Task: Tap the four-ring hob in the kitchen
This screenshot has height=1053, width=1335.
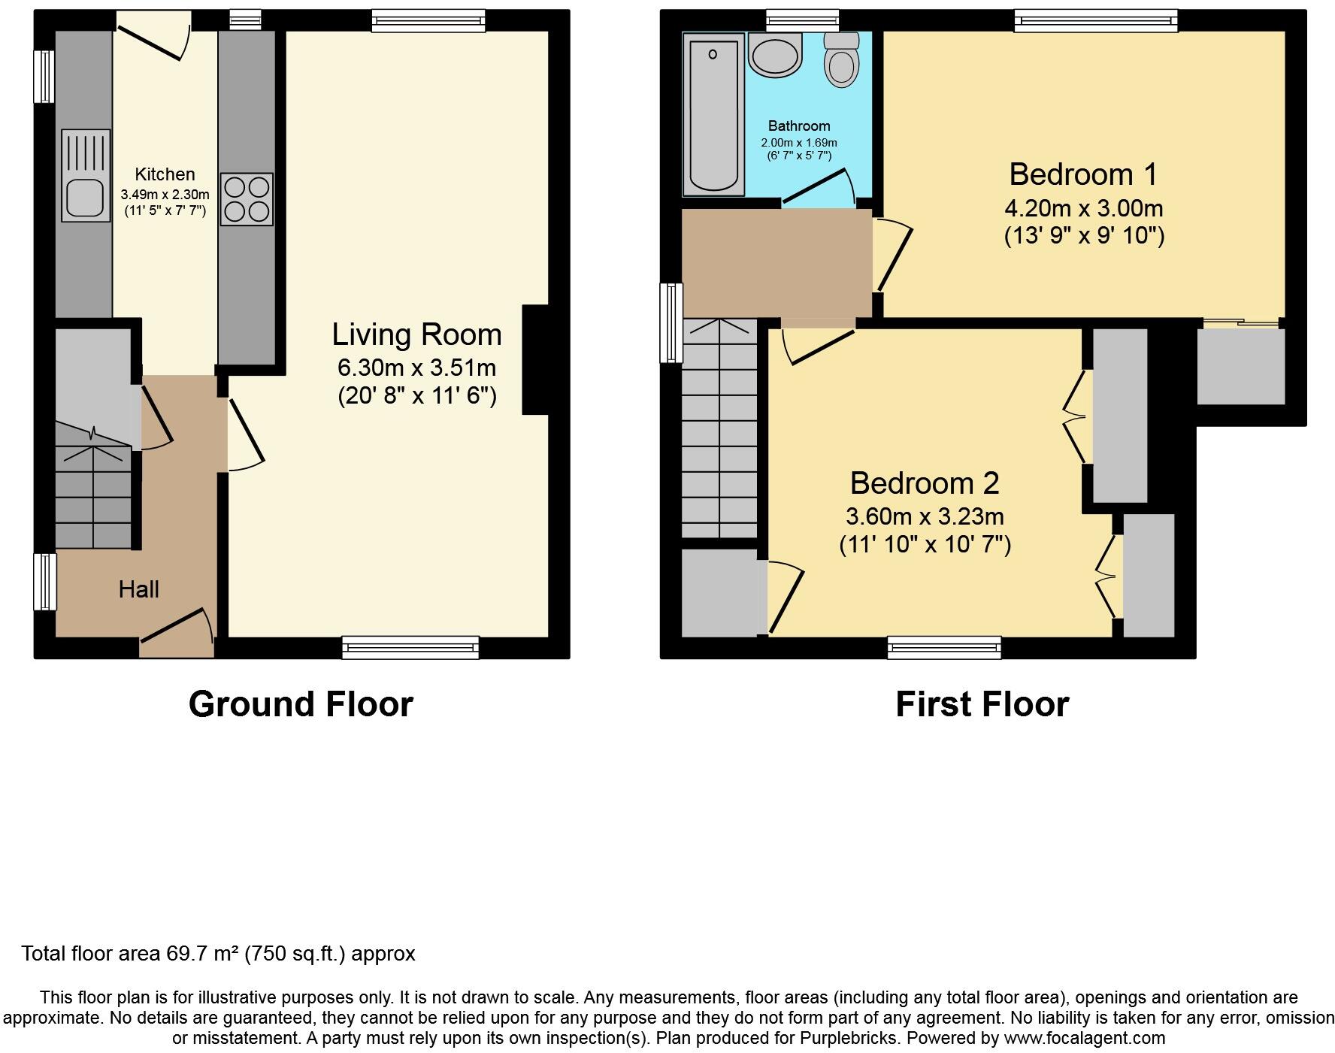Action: click(x=247, y=199)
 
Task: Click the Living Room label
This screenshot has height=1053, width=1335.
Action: click(x=416, y=334)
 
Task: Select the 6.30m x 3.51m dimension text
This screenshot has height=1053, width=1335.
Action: click(x=416, y=368)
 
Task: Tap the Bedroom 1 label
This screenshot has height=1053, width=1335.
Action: click(x=1083, y=174)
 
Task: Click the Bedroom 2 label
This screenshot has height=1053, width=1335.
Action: click(x=925, y=483)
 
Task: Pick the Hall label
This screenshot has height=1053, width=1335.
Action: click(x=139, y=589)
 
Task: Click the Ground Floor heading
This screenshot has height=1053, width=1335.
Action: click(x=301, y=704)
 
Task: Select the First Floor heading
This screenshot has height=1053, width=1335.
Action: click(x=982, y=704)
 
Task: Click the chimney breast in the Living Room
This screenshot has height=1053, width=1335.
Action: click(x=535, y=359)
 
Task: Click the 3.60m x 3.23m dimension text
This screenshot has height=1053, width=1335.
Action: click(x=925, y=516)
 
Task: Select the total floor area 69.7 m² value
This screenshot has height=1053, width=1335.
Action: click(x=202, y=954)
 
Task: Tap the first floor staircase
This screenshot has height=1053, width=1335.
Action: click(x=719, y=428)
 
